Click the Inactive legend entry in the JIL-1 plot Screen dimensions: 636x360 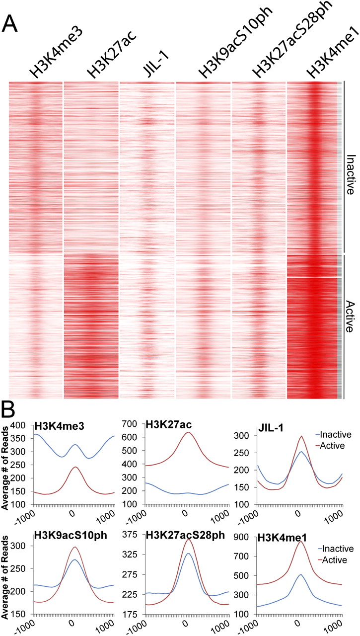coord(336,434)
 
